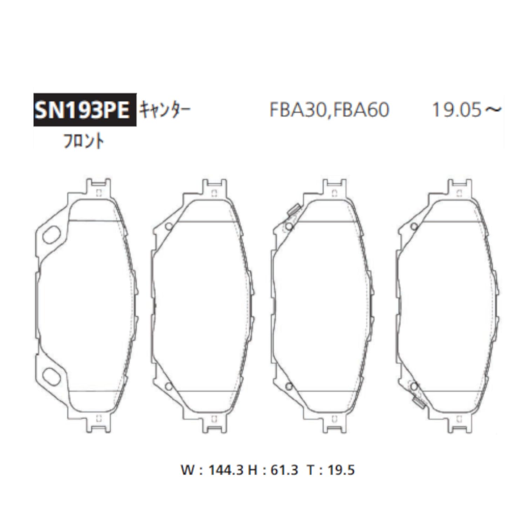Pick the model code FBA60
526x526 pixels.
[x=361, y=110]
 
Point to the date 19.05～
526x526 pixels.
[x=466, y=110]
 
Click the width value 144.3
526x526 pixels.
[x=225, y=470]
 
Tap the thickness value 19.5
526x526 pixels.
[x=341, y=470]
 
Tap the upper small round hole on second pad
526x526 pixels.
[x=169, y=227]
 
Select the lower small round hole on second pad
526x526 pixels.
[x=169, y=386]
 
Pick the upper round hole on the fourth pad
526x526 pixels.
[x=414, y=227]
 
